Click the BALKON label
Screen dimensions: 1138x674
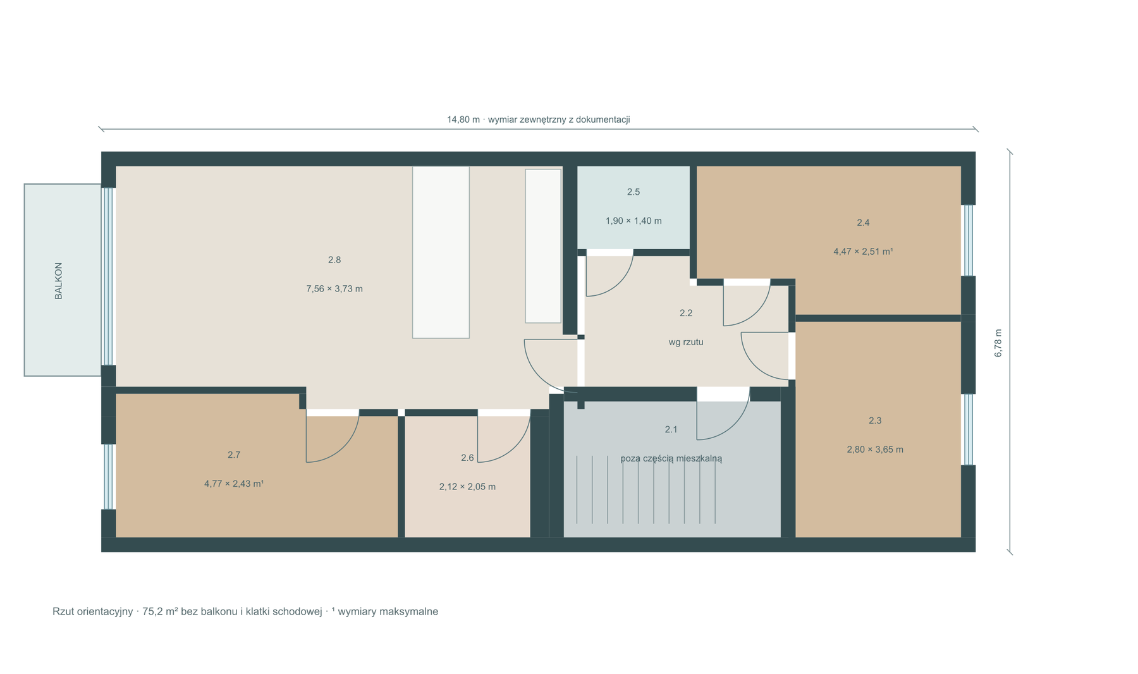59,281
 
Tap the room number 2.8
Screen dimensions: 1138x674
334,259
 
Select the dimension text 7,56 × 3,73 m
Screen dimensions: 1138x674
334,289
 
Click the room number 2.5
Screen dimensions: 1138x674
633,192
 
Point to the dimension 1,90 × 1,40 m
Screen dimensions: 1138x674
633,221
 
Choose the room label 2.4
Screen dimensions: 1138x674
863,223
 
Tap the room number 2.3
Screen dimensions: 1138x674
875,420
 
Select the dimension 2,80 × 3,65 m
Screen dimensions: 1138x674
875,450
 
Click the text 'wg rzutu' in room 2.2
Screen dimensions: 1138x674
686,342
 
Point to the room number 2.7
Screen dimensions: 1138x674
234,455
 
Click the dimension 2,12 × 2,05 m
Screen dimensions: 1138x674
467,487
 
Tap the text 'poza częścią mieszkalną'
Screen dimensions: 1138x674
671,458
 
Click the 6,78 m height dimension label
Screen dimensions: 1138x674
998,343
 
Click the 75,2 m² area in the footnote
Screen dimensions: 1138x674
160,611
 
